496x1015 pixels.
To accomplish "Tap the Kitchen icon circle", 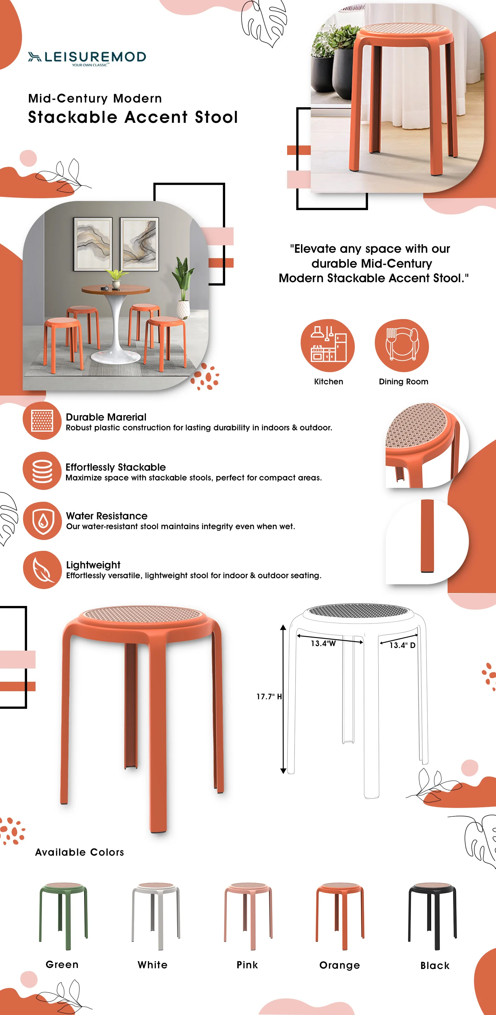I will [x=327, y=345].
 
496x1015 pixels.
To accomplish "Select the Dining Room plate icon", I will [x=402, y=345].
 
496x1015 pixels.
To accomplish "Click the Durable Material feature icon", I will [x=42, y=421].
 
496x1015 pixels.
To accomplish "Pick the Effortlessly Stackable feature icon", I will [x=42, y=471].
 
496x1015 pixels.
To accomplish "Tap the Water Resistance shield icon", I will [x=42, y=520].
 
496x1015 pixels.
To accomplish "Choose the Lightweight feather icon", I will [x=42, y=570].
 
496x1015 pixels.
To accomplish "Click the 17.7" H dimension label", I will [x=269, y=697].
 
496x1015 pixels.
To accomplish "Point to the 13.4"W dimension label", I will [x=323, y=644].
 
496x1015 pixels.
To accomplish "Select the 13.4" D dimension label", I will [x=402, y=645].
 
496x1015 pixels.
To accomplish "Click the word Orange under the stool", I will [x=340, y=965].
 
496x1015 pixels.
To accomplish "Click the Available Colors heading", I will [x=79, y=852].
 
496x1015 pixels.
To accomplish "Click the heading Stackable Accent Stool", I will [x=133, y=117].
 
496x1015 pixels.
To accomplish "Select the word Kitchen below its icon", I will [x=328, y=381].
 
